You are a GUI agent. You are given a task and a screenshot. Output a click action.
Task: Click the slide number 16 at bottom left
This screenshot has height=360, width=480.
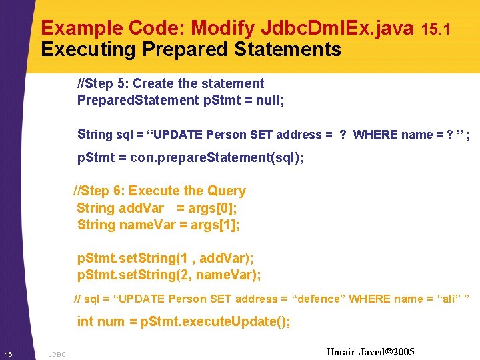(x=8, y=353)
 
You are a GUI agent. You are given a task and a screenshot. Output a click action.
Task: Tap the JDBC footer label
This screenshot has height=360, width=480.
(x=57, y=354)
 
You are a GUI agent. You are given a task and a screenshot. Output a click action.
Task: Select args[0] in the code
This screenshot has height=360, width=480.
(x=215, y=208)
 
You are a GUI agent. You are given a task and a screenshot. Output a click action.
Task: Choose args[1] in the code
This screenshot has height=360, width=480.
(x=215, y=225)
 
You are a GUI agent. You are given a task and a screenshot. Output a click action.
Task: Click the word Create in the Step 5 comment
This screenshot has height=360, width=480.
(x=154, y=83)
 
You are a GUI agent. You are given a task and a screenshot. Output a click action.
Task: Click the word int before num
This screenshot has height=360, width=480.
(x=85, y=321)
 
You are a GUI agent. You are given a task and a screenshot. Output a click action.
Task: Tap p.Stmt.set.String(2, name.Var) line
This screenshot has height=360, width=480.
(x=169, y=275)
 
